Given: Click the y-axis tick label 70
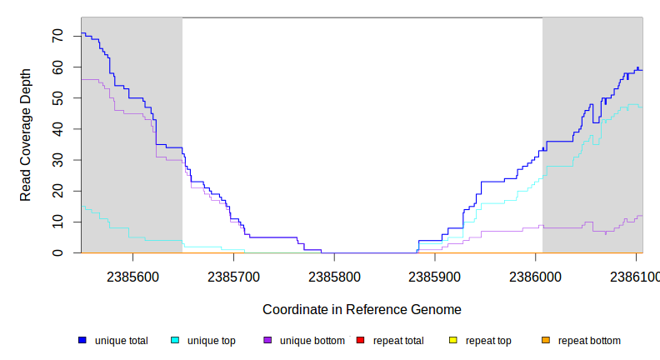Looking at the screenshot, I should (x=57, y=36).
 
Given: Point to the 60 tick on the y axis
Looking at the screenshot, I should (x=57, y=67).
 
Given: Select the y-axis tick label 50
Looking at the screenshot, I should (x=57, y=97).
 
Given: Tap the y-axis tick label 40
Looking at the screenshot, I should (x=57, y=129).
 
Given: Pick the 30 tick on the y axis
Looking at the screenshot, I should (x=57, y=160).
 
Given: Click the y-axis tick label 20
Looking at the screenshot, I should (x=57, y=191).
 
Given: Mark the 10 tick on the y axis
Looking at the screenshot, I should (x=57, y=222).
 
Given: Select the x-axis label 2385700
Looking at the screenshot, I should (x=234, y=276).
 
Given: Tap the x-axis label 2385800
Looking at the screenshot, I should (x=335, y=276).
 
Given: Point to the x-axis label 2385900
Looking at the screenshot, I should (x=436, y=276).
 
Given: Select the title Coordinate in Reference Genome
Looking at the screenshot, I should (x=362, y=309).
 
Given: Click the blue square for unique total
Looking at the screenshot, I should (x=82, y=340).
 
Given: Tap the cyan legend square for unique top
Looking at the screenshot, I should (x=175, y=340).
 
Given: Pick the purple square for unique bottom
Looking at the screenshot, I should (x=267, y=340).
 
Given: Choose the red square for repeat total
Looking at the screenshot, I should (x=360, y=340).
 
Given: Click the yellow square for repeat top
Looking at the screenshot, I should (x=452, y=340).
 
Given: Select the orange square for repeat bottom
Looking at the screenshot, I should (x=545, y=340).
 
